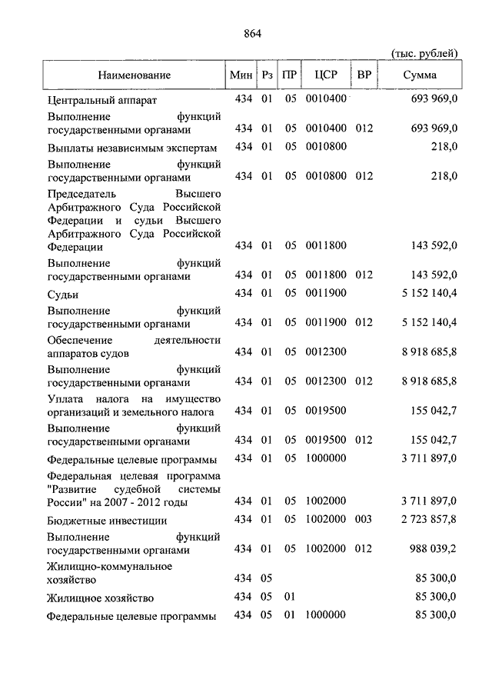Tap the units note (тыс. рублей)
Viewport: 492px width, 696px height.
(425, 53)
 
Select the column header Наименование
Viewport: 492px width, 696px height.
(134, 75)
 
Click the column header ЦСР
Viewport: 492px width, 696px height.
(326, 75)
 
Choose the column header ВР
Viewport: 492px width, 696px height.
(364, 75)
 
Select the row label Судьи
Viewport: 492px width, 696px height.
(62, 294)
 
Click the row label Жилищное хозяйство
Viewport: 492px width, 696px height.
(100, 598)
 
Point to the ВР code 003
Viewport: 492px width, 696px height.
(364, 521)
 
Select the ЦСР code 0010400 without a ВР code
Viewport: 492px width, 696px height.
(326, 100)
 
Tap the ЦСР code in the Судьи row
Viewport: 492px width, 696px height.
(326, 294)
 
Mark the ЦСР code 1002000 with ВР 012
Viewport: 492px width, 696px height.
(326, 550)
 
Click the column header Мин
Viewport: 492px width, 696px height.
(241, 75)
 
